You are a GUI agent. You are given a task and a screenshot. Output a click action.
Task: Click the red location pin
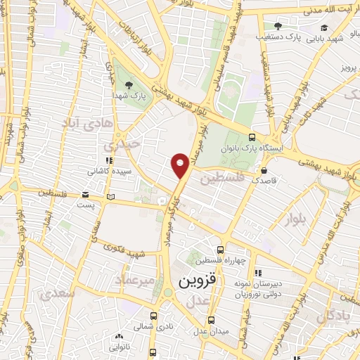click(x=181, y=165)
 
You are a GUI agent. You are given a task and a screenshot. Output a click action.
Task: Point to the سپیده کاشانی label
click(x=108, y=170)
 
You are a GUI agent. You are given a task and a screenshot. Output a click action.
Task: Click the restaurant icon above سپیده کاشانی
click(x=108, y=160)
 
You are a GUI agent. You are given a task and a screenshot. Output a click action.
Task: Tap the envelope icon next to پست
click(x=84, y=195)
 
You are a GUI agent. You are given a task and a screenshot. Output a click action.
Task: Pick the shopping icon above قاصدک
click(x=264, y=170)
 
